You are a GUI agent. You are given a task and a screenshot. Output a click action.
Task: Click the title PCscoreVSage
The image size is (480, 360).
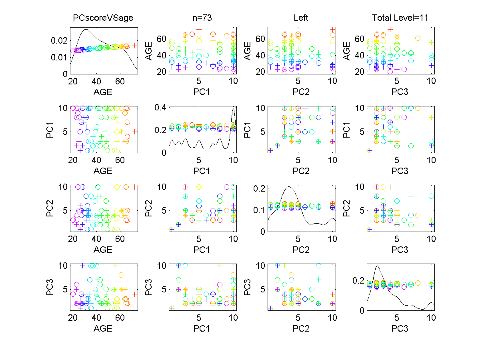coord(103,18)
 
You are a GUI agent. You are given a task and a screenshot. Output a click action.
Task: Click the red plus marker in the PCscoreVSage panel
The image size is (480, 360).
coord(135,46)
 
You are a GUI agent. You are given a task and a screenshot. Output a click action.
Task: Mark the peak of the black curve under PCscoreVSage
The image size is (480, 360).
coord(86,29)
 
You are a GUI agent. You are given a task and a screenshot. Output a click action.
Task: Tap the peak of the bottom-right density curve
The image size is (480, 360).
coord(376,266)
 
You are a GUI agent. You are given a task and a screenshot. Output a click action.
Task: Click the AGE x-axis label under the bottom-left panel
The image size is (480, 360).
coord(103,328)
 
